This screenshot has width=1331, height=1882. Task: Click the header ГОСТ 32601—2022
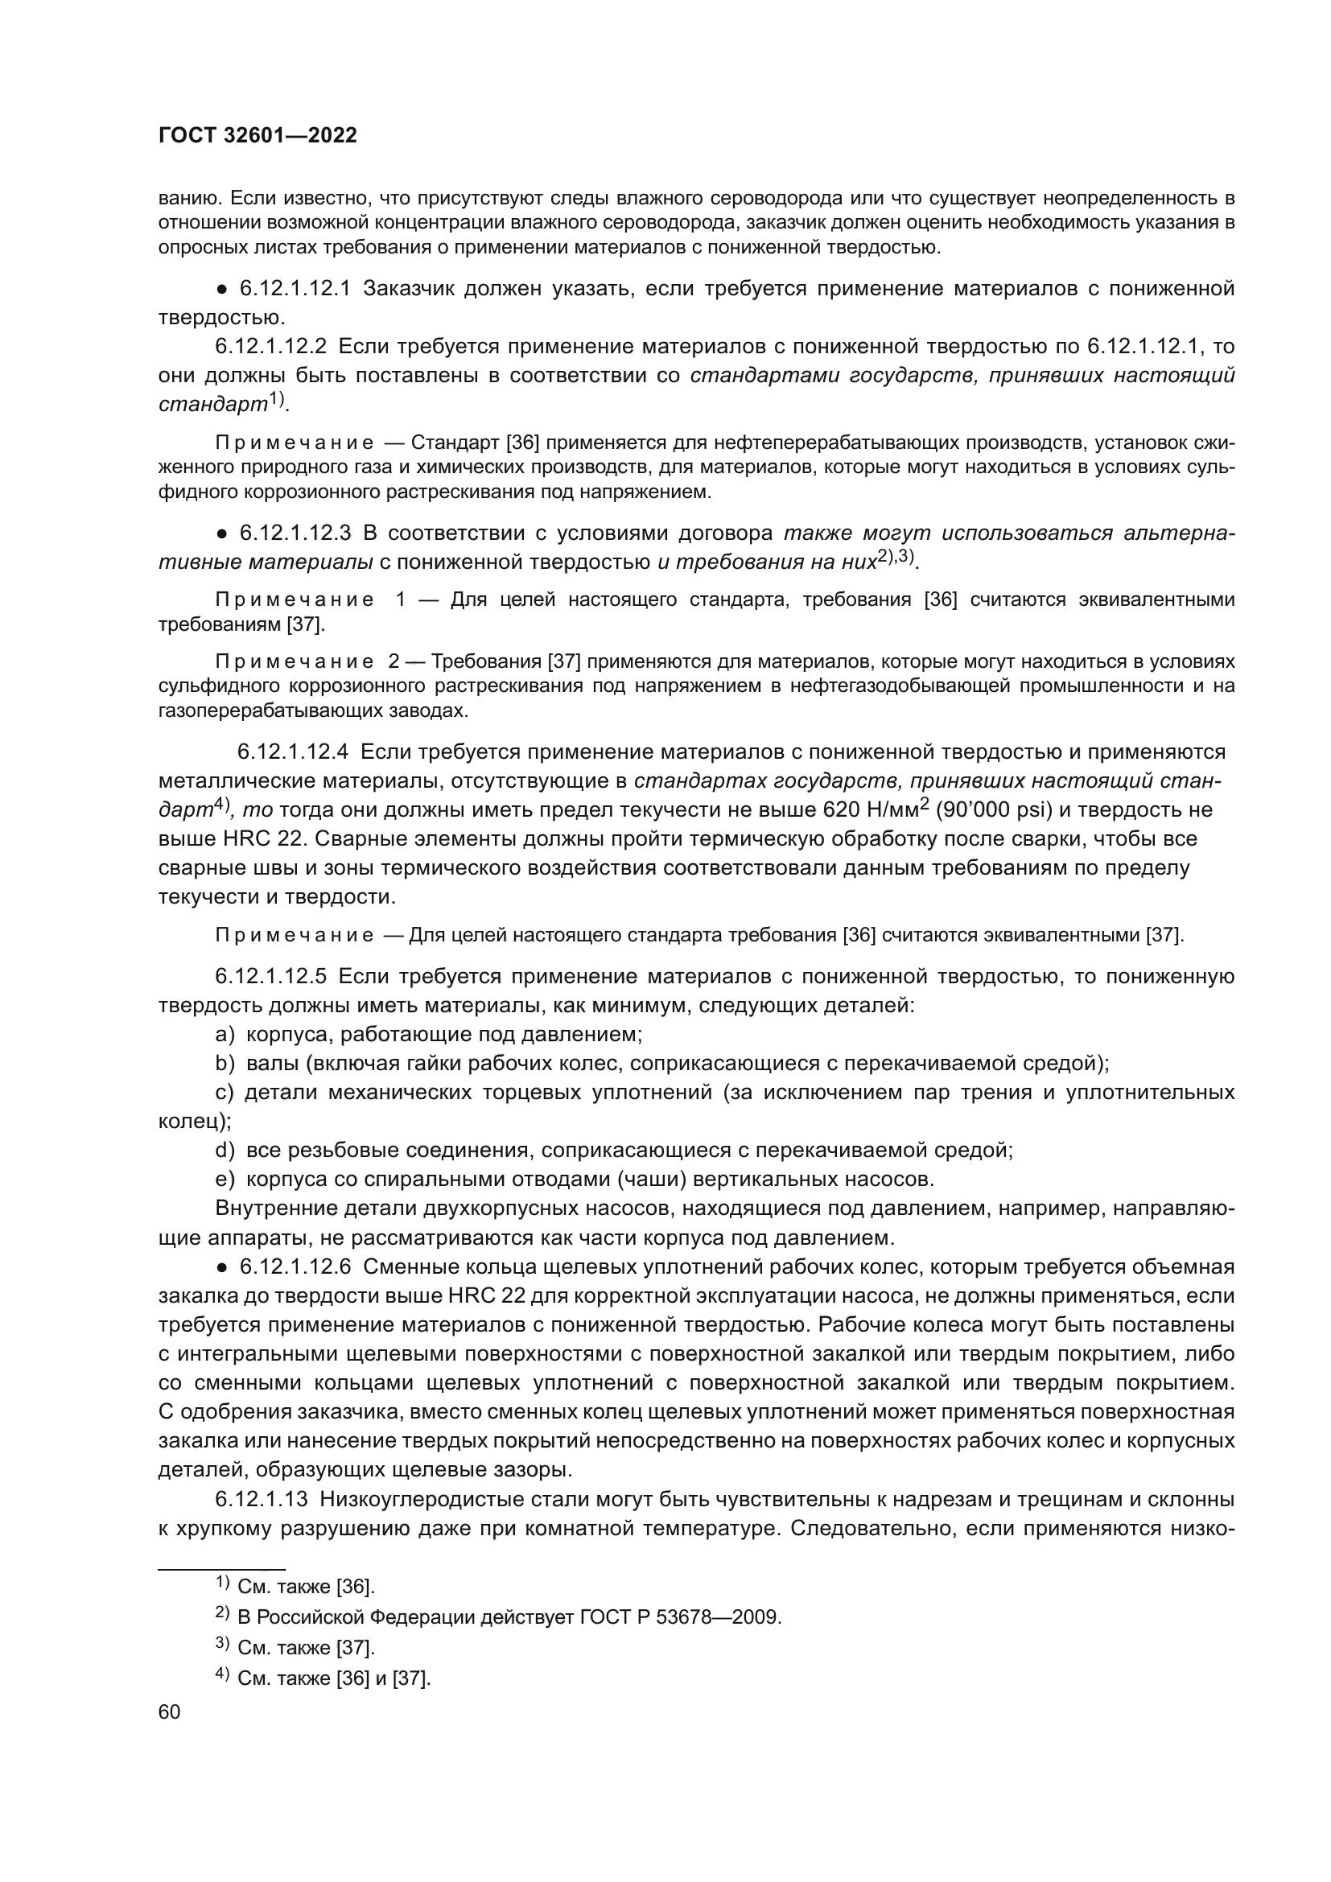(258, 136)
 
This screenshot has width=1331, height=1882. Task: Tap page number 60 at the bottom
(169, 1712)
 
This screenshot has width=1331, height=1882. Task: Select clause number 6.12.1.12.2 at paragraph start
(270, 347)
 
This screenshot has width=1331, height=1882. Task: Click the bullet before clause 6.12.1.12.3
(221, 533)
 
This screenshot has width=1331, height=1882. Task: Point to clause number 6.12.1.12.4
(293, 752)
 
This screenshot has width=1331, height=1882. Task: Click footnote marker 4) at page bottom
(222, 1676)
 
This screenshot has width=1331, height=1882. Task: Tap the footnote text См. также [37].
(305, 1648)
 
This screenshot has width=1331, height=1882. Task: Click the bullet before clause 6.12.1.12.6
(221, 1266)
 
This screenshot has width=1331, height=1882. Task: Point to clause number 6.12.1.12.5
(270, 976)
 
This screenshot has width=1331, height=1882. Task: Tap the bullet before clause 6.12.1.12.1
(221, 290)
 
